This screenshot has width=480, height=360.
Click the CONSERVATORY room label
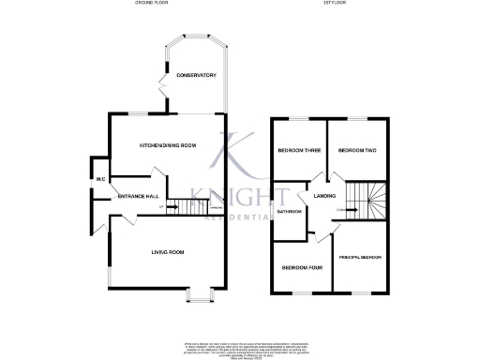click(x=197, y=75)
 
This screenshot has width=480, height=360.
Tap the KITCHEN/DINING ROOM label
click(x=168, y=145)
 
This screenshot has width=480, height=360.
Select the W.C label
click(x=98, y=179)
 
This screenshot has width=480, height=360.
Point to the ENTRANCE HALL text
click(x=135, y=196)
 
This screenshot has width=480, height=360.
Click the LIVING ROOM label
click(x=168, y=252)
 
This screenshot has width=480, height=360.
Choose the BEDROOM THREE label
click(x=292, y=151)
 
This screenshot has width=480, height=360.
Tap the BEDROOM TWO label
click(x=356, y=151)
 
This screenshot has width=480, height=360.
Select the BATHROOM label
click(x=288, y=212)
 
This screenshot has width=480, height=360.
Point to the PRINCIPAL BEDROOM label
click(x=360, y=256)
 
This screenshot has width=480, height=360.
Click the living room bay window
click(x=199, y=297)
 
